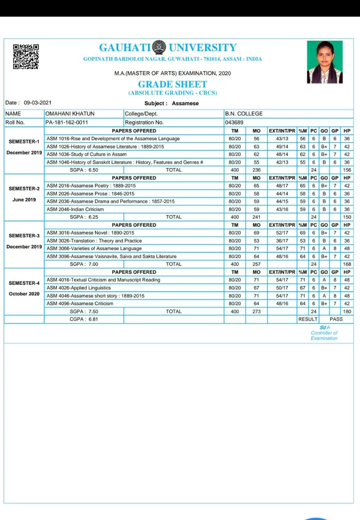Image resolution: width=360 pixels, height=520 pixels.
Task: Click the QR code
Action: coord(26,56)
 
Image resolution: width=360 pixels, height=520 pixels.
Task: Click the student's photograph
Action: coord(325,62)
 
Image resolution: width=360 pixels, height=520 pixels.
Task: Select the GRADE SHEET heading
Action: coord(172,84)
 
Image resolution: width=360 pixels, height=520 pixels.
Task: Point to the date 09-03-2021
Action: coord(37,103)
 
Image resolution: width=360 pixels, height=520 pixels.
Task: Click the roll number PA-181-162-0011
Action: coord(67,122)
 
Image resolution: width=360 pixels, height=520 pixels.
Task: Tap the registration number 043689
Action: coord(234,122)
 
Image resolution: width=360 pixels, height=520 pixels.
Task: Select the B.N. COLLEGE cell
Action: coord(244,114)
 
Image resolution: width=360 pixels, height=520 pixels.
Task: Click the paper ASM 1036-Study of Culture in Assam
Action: coord(87,154)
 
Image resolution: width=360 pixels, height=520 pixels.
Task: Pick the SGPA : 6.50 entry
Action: coord(84,170)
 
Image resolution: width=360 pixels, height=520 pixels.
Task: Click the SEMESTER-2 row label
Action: coord(24,188)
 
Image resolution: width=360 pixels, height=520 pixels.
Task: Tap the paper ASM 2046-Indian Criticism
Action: coord(75,209)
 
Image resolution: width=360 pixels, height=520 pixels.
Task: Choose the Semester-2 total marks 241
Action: coord(256,217)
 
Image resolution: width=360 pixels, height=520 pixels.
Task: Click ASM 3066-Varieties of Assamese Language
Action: coord(94,248)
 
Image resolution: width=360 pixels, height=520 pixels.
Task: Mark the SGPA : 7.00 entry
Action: coord(84,264)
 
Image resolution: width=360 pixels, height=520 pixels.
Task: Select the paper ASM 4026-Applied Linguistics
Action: coord(79,288)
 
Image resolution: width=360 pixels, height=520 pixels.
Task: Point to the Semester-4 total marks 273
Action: coord(256,312)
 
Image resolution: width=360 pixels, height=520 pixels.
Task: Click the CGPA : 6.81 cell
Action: coord(84,319)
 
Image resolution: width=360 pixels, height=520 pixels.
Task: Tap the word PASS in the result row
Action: coord(336,319)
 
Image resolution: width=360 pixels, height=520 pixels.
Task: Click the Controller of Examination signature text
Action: coord(324,333)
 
